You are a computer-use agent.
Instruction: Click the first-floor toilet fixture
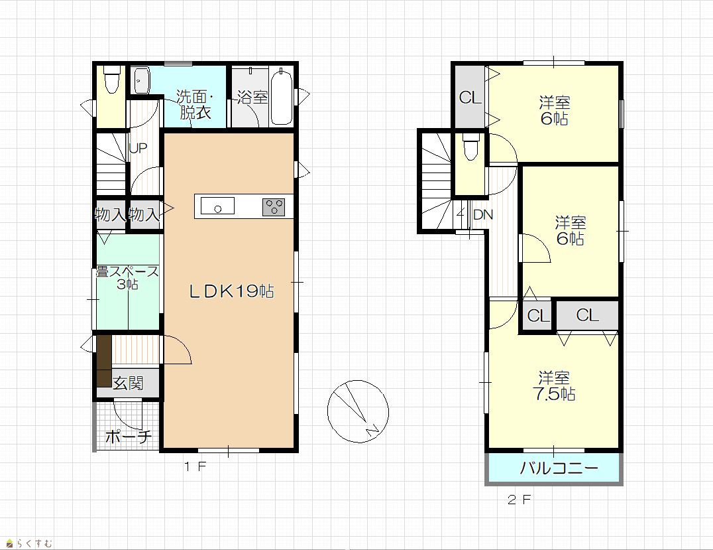(111, 79)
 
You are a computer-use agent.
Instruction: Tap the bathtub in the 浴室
(282, 96)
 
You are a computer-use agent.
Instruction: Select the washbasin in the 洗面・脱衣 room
(141, 80)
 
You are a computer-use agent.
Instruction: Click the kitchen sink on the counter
(217, 206)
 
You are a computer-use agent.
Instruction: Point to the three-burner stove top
(273, 207)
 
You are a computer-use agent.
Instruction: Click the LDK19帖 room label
(231, 291)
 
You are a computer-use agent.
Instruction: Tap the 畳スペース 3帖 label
(128, 278)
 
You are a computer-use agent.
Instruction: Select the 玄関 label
(129, 383)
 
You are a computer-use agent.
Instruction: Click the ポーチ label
(129, 437)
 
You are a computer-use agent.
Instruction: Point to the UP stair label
(138, 148)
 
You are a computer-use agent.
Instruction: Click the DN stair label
(483, 214)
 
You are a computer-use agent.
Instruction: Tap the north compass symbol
(358, 411)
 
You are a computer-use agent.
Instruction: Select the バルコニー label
(559, 468)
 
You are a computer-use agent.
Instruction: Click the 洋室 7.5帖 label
(555, 385)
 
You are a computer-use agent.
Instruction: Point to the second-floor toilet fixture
(470, 146)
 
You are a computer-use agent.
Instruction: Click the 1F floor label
(195, 466)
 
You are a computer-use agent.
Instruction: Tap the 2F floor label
(520, 500)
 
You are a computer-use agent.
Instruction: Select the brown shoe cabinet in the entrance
(104, 361)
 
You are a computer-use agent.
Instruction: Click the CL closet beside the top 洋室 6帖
(470, 97)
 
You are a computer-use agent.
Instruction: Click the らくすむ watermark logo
(30, 543)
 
